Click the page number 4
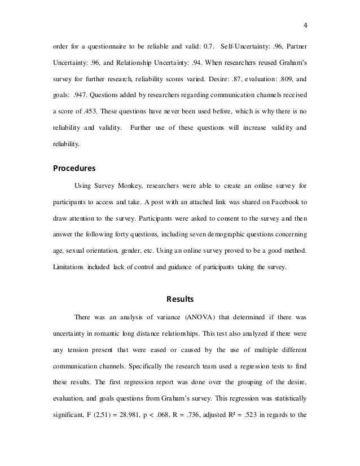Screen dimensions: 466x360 pos(305,24)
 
